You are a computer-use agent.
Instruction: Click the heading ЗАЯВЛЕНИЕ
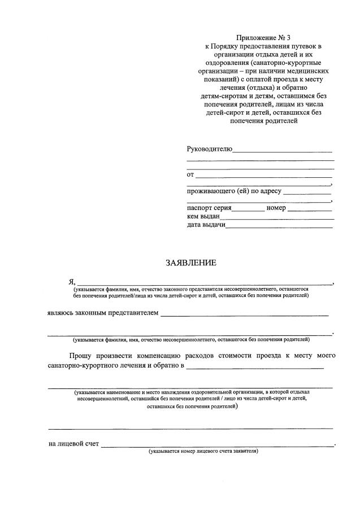click(191, 263)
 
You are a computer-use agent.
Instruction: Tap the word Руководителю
click(209, 149)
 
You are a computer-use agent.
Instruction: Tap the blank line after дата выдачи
click(279, 227)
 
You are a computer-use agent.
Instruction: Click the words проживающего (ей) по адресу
click(234, 191)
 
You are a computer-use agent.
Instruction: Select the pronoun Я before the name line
click(71, 282)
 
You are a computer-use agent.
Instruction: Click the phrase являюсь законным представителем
click(103, 313)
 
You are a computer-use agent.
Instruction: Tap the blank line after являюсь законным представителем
click(244, 315)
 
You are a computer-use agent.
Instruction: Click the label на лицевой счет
click(74, 444)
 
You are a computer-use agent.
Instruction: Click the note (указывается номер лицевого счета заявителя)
click(203, 452)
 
